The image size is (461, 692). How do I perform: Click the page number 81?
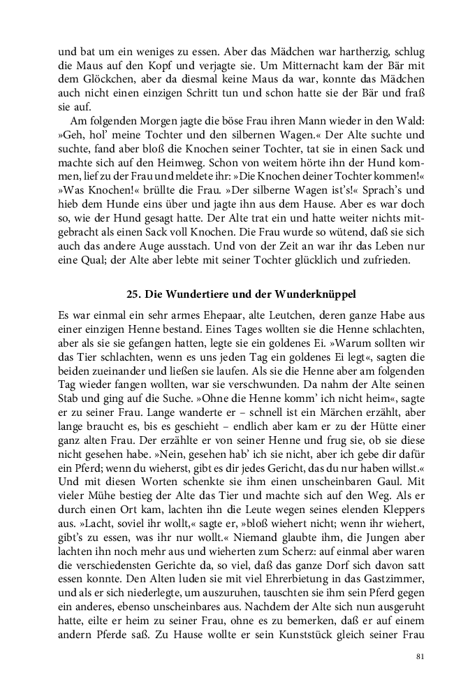pyautogui.click(x=420, y=657)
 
